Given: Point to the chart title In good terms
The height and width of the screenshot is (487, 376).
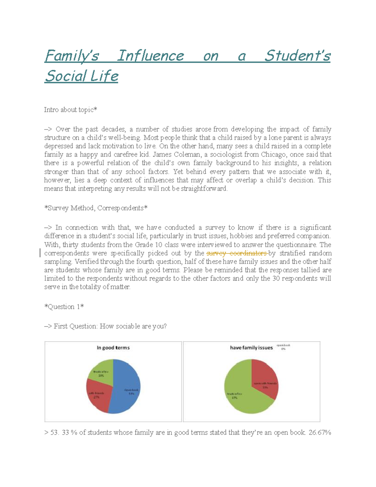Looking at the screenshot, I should [x=113, y=347].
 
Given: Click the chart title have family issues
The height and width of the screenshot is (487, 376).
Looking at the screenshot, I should [x=251, y=347].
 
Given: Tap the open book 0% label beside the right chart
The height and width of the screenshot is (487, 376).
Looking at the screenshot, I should [x=283, y=347].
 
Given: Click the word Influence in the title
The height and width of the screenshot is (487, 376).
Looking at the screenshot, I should [x=150, y=56].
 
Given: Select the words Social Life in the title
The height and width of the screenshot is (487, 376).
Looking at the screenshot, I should [x=81, y=76].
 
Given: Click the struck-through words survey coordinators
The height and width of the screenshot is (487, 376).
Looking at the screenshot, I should [x=237, y=253].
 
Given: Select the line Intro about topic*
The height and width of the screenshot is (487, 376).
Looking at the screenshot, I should [x=70, y=110].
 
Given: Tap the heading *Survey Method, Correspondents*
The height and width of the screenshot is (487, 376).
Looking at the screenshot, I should [x=96, y=208].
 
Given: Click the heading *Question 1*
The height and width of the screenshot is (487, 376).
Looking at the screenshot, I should [x=64, y=307].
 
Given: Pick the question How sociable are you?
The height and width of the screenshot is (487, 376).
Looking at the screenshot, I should [x=133, y=326].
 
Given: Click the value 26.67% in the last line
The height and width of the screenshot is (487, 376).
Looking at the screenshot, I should [x=320, y=433].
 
